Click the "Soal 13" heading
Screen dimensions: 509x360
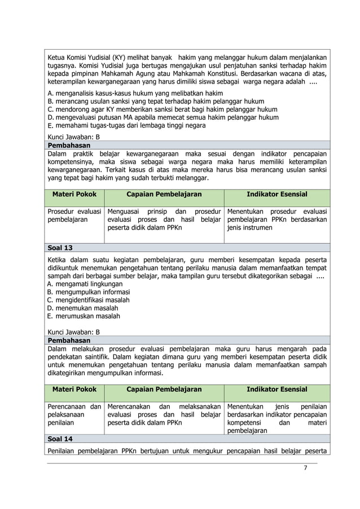click(60, 248)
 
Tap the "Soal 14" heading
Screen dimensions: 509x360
click(60, 438)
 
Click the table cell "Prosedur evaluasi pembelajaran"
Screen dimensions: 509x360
click(74, 215)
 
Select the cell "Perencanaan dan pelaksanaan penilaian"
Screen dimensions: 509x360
click(74, 414)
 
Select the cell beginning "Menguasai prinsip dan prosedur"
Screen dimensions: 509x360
click(164, 219)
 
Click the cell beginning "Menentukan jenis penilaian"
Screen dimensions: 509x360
click(276, 418)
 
